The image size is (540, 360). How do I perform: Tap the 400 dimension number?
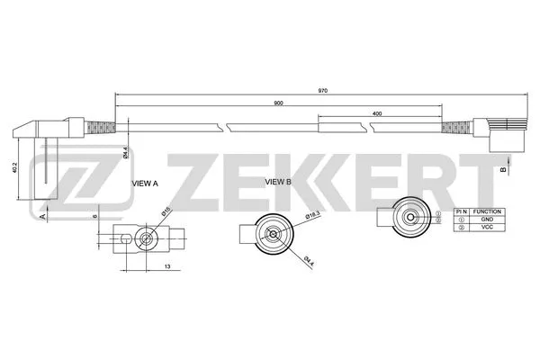point(376,112)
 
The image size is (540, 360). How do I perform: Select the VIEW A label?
point(145,183)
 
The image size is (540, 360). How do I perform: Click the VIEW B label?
point(279,182)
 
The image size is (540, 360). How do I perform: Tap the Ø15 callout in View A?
point(166,212)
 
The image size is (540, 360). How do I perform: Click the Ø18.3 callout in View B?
point(312,215)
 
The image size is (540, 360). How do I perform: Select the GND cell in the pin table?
point(487,220)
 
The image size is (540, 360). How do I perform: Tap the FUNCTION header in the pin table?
point(487,211)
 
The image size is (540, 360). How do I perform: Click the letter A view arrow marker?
point(42,216)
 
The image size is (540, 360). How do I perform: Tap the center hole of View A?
point(147,238)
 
